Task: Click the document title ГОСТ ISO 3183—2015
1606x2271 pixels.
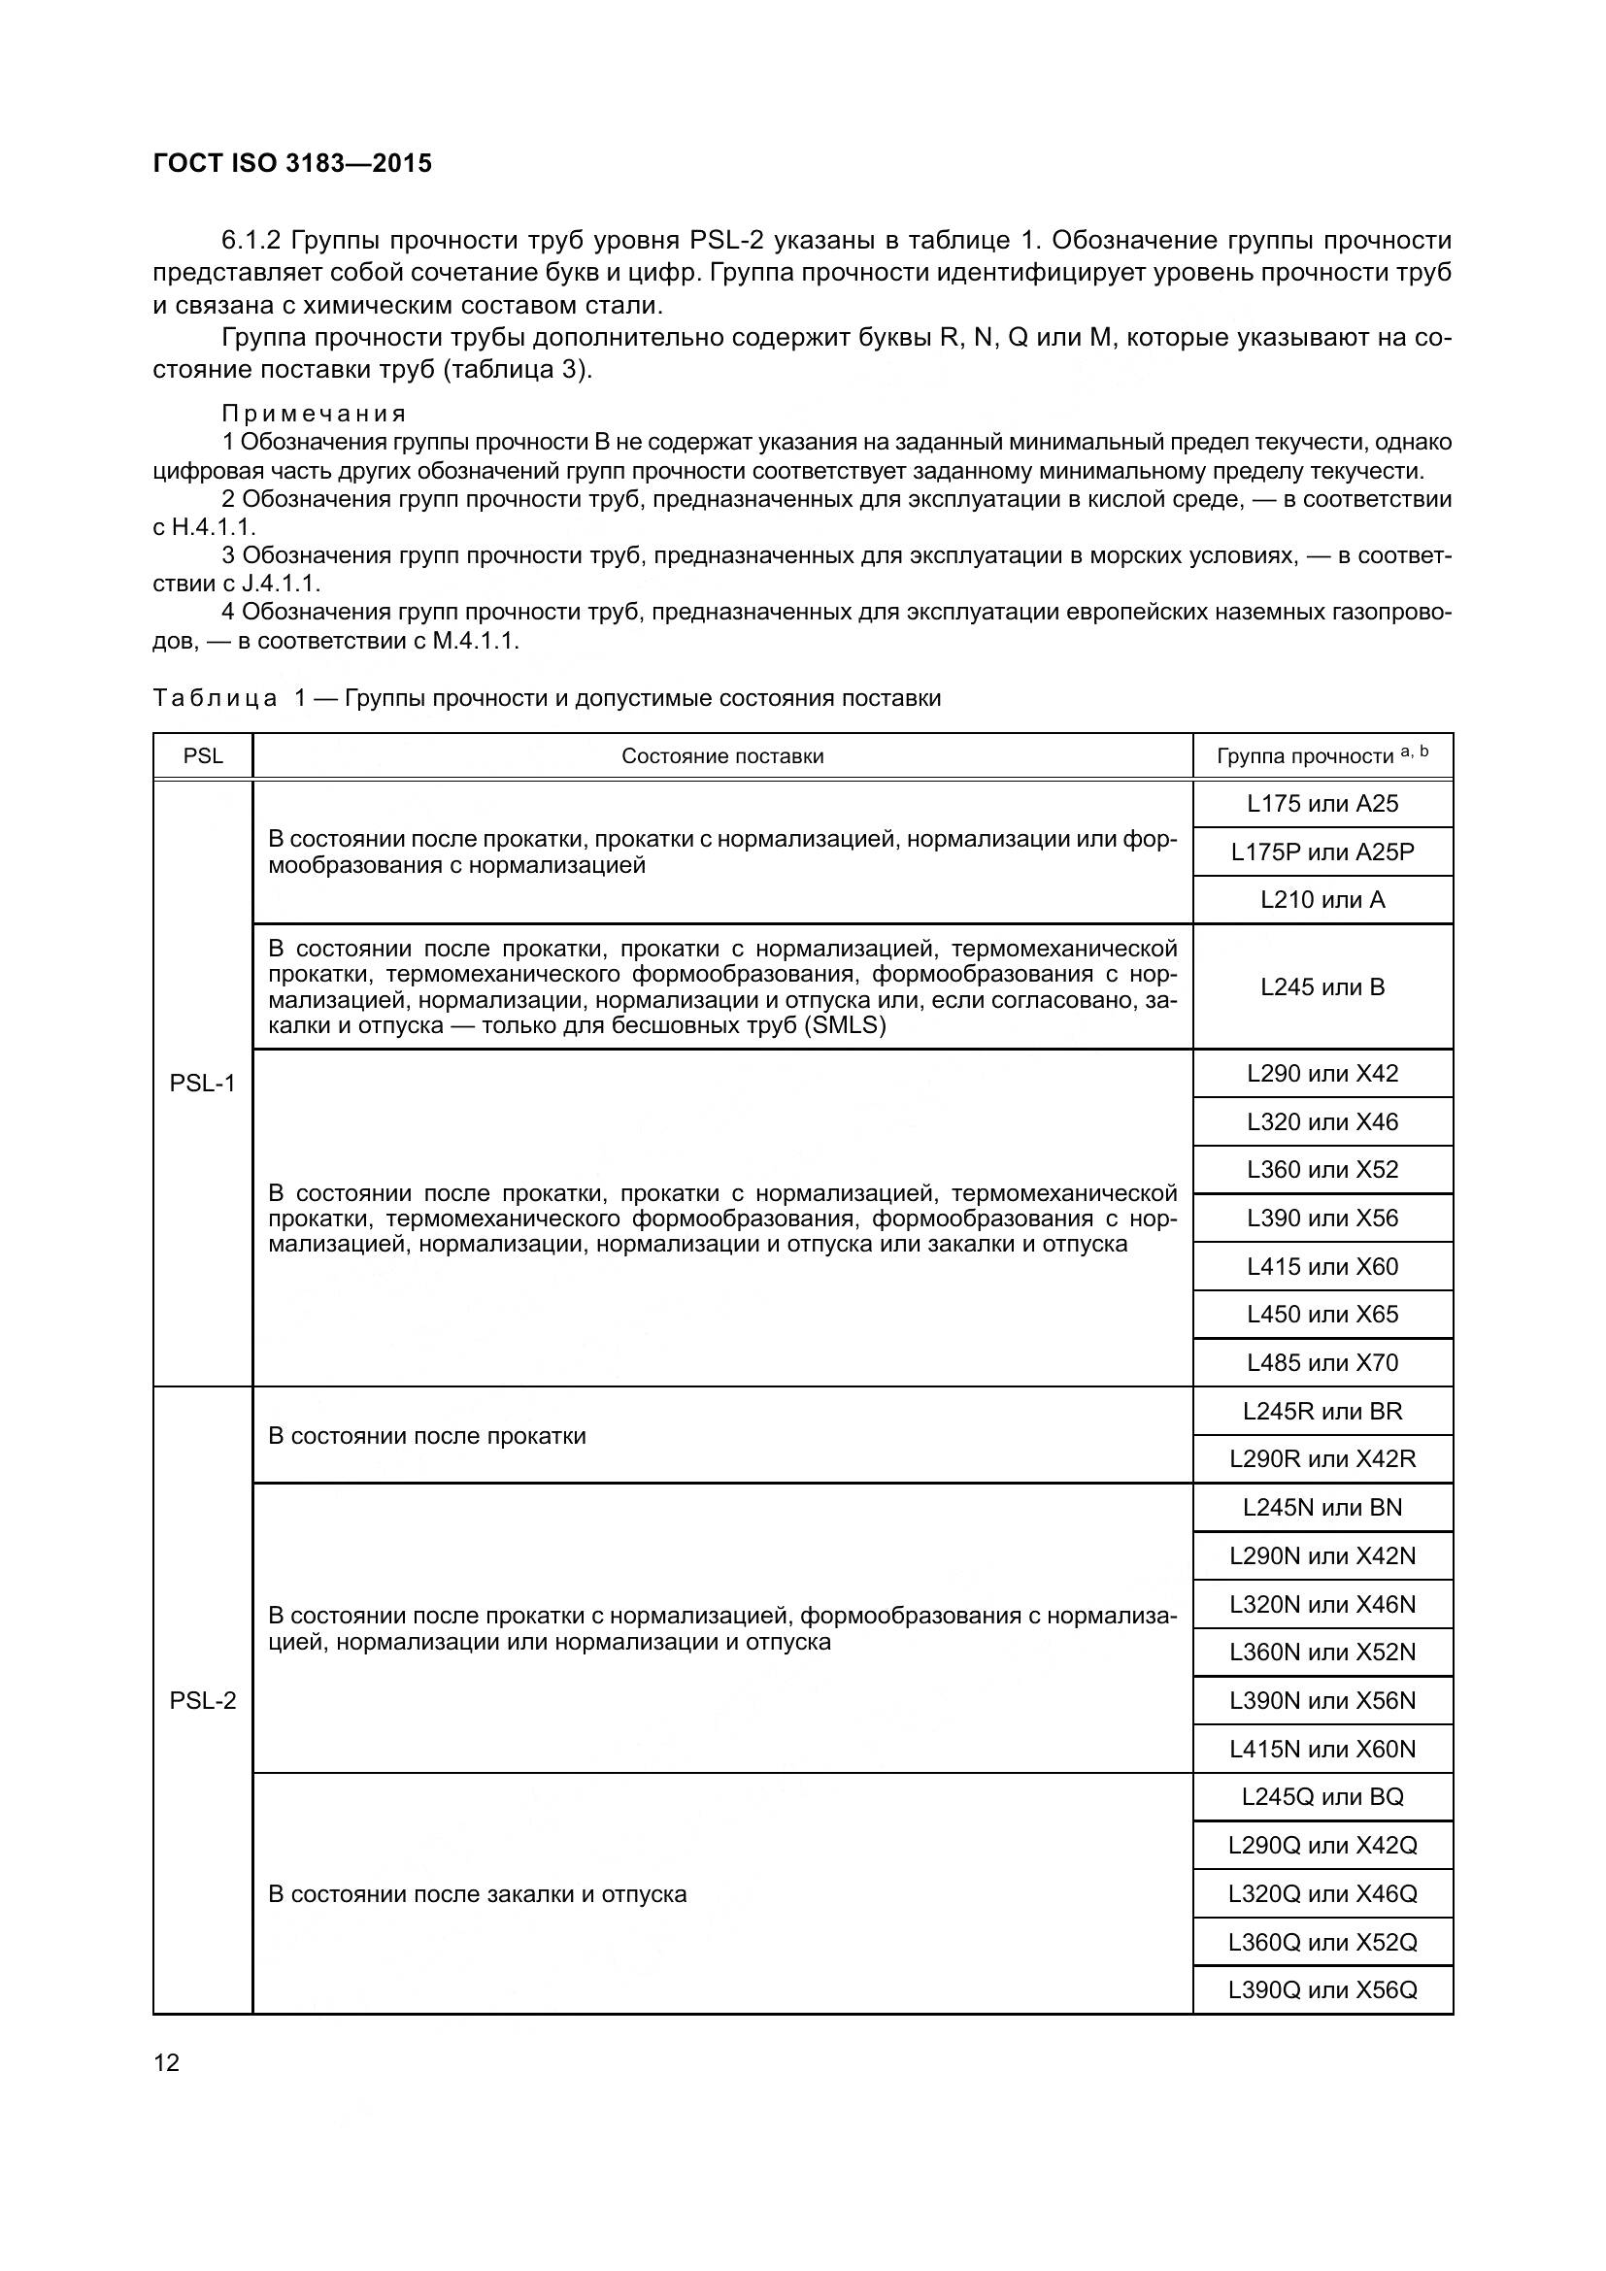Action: (292, 163)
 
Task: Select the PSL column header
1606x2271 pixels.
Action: (203, 756)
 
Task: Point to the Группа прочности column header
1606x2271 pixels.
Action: (1322, 756)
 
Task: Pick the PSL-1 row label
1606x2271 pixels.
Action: (203, 1084)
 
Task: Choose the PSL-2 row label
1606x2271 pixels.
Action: (203, 1700)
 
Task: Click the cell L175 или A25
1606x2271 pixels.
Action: (1322, 804)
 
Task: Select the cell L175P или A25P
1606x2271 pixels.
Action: (1322, 852)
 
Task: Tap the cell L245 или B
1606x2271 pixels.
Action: (1322, 986)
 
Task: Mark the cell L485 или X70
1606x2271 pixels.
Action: (1322, 1363)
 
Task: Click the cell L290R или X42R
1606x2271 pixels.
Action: (1322, 1459)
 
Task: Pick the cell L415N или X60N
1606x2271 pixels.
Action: (1322, 1749)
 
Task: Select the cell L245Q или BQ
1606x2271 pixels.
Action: (1322, 1797)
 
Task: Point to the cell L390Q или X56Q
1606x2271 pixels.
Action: (1322, 1990)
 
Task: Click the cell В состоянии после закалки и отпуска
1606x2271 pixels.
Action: (477, 1894)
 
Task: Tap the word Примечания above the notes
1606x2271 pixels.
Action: (314, 414)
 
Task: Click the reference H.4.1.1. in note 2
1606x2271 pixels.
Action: (213, 527)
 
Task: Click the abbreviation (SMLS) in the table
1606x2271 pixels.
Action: (846, 1024)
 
